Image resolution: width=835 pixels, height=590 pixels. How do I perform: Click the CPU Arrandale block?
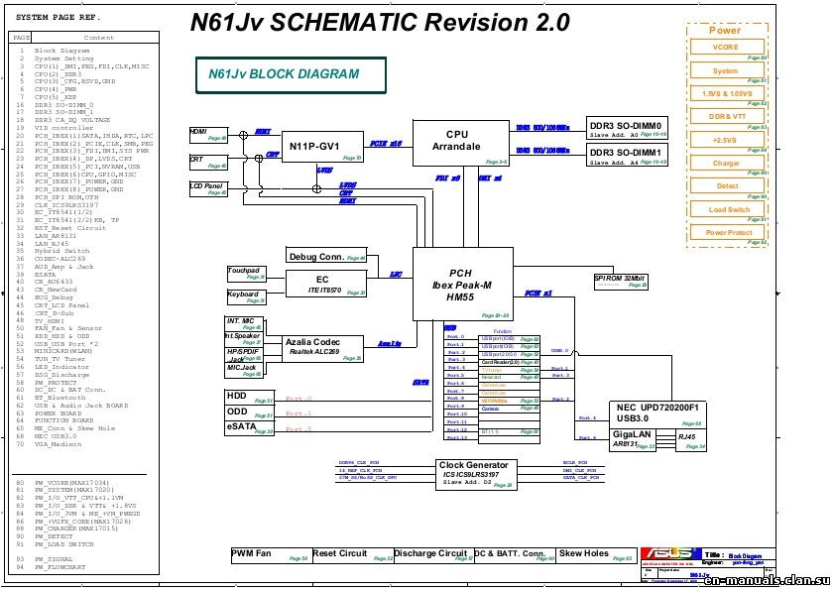click(457, 142)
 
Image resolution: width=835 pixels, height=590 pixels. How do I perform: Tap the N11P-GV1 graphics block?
click(323, 147)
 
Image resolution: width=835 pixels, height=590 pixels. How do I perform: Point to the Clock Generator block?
click(476, 474)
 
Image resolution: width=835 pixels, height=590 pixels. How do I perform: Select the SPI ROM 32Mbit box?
click(621, 282)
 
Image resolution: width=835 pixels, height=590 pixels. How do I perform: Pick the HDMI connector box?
click(208, 134)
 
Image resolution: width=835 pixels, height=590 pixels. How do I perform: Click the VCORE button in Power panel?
click(726, 48)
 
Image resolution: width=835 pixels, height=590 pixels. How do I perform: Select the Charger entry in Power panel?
click(726, 163)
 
